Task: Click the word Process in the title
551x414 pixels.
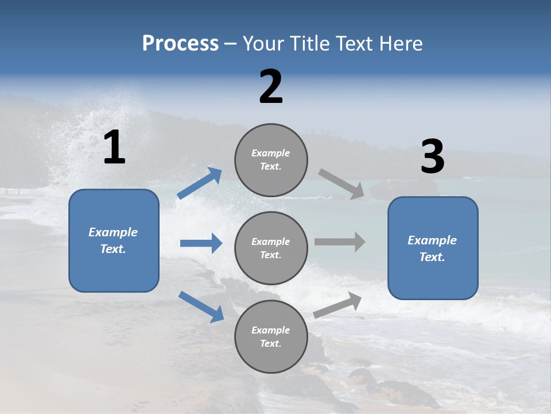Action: click(180, 44)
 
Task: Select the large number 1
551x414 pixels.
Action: click(114, 148)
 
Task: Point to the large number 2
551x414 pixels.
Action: click(271, 87)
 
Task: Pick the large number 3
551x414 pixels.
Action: click(432, 157)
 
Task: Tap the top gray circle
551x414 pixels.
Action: click(271, 160)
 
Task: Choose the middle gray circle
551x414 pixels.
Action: click(271, 248)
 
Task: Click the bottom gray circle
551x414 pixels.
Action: click(271, 337)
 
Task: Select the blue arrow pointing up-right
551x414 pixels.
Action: click(200, 183)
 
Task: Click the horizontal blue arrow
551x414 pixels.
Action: click(201, 243)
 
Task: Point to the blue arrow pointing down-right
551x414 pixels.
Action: click(201, 306)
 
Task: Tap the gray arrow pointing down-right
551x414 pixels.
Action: click(342, 184)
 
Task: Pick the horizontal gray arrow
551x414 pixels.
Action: click(340, 241)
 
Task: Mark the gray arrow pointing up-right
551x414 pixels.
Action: click(338, 305)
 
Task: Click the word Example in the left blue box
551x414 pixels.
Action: click(113, 232)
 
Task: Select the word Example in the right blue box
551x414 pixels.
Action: click(432, 240)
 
